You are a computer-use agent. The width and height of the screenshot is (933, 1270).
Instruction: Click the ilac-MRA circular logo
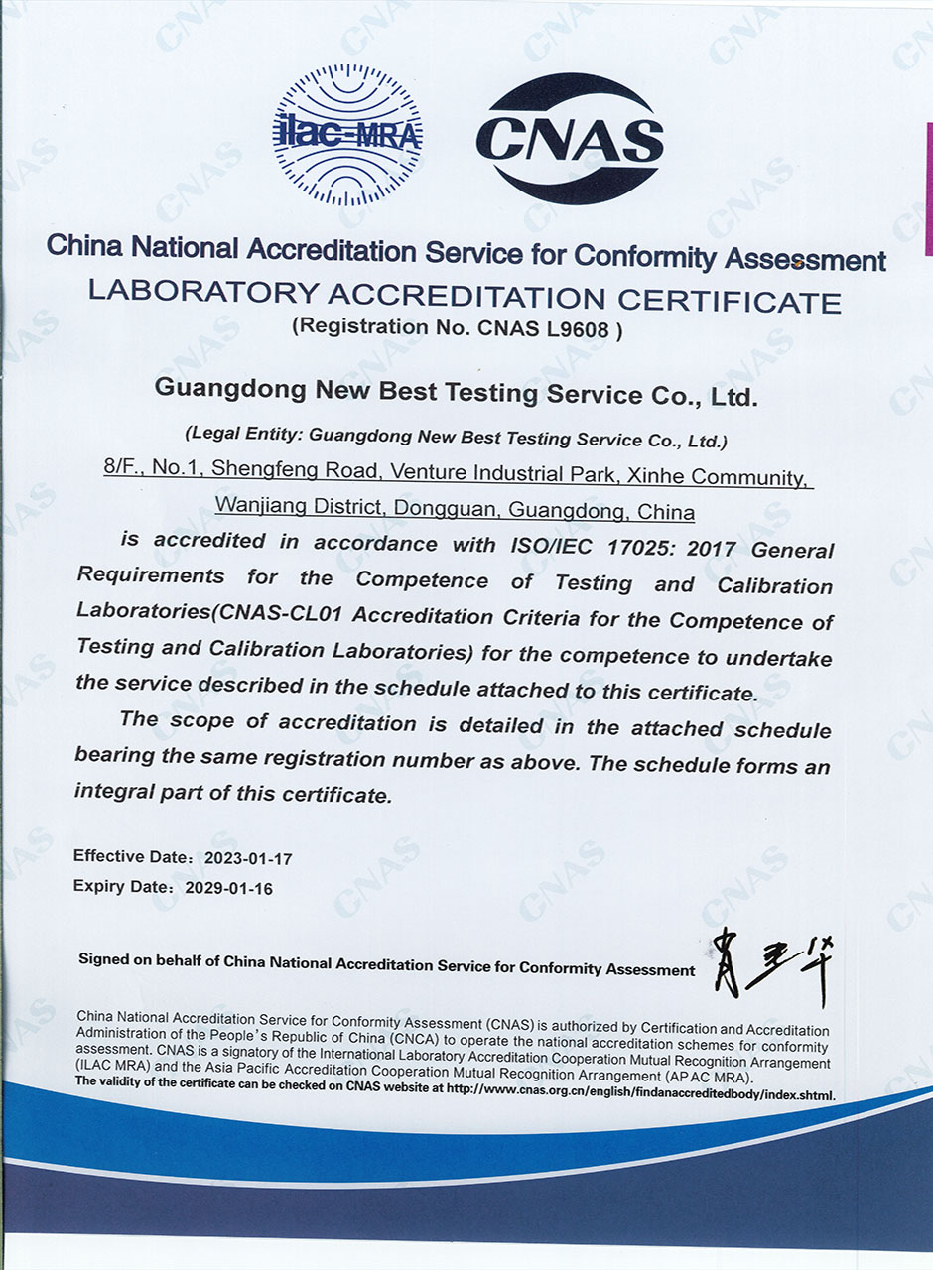346,135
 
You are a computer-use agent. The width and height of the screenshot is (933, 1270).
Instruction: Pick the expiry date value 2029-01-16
228,889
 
